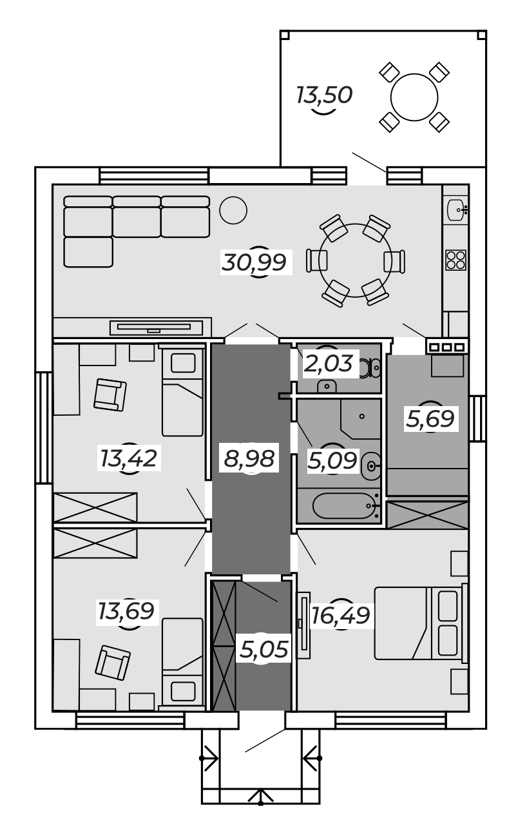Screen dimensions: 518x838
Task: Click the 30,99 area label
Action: pos(254,262)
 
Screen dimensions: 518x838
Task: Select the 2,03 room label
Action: pos(329,364)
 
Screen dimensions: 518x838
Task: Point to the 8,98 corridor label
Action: pos(249,459)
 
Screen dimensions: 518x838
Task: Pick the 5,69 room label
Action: pos(430,418)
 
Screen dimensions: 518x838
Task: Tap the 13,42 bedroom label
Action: pos(128,459)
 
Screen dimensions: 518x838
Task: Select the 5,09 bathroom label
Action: pos(332,460)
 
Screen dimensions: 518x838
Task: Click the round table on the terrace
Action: pos(414,97)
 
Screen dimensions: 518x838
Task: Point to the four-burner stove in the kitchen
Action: pos(456,260)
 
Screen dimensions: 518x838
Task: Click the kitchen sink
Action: pos(457,210)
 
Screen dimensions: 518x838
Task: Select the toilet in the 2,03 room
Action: pos(370,368)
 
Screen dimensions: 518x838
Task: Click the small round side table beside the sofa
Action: pos(233,210)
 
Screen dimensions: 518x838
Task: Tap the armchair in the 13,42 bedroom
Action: pos(110,395)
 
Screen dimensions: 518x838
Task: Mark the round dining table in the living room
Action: pos(355,260)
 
